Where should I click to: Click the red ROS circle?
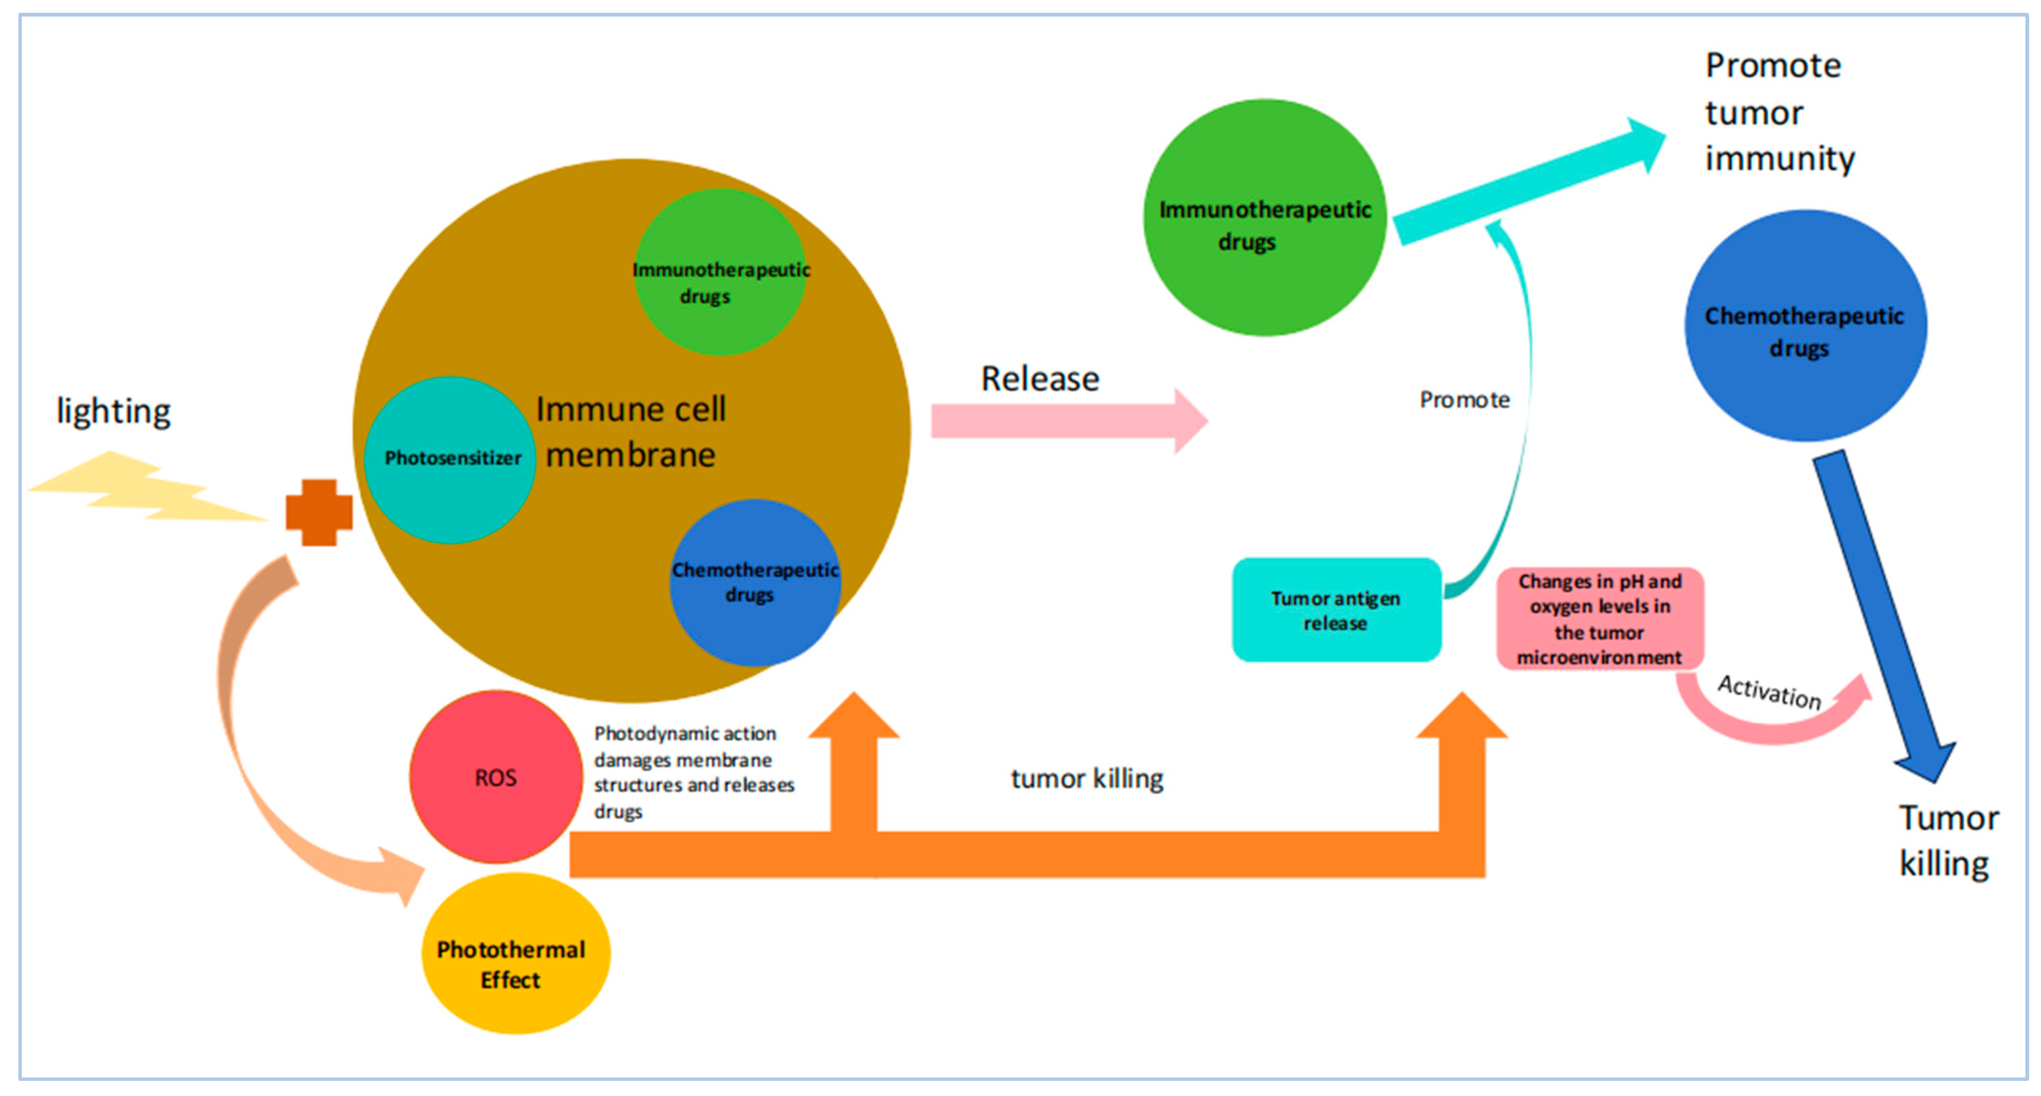click(x=495, y=777)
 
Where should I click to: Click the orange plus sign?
click(x=318, y=512)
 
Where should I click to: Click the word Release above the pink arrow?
click(x=1040, y=378)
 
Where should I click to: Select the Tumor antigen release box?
click(x=1336, y=610)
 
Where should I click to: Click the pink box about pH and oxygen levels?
click(x=1599, y=618)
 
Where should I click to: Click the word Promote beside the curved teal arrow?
click(x=1464, y=400)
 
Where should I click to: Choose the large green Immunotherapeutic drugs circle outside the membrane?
click(x=1264, y=218)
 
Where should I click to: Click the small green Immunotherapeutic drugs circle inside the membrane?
click(x=719, y=272)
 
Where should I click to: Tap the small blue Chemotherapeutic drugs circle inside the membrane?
click(x=754, y=582)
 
